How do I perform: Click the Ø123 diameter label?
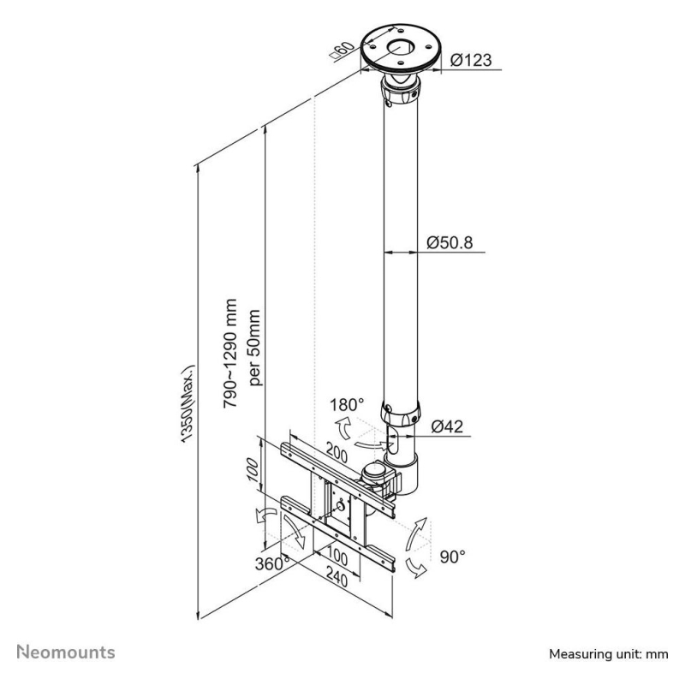[472, 62]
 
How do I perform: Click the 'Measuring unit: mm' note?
[609, 654]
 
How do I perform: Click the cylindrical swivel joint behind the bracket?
[375, 474]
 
